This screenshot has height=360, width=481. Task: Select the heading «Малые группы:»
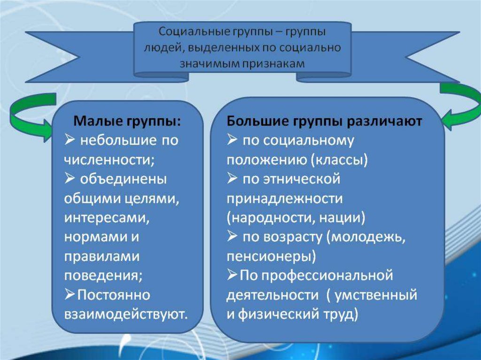(127, 122)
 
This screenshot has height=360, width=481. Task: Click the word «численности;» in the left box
(109, 160)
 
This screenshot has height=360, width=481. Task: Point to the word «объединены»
(124, 179)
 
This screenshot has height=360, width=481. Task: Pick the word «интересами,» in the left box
(107, 218)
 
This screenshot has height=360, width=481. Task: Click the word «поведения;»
(103, 276)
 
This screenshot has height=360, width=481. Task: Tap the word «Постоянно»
(114, 295)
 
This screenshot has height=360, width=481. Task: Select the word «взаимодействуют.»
(126, 314)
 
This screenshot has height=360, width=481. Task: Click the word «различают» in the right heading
(384, 122)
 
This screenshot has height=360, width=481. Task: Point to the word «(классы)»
(339, 160)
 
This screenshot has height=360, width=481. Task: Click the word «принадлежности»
(284, 199)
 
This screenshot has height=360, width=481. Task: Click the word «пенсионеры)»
(271, 256)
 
